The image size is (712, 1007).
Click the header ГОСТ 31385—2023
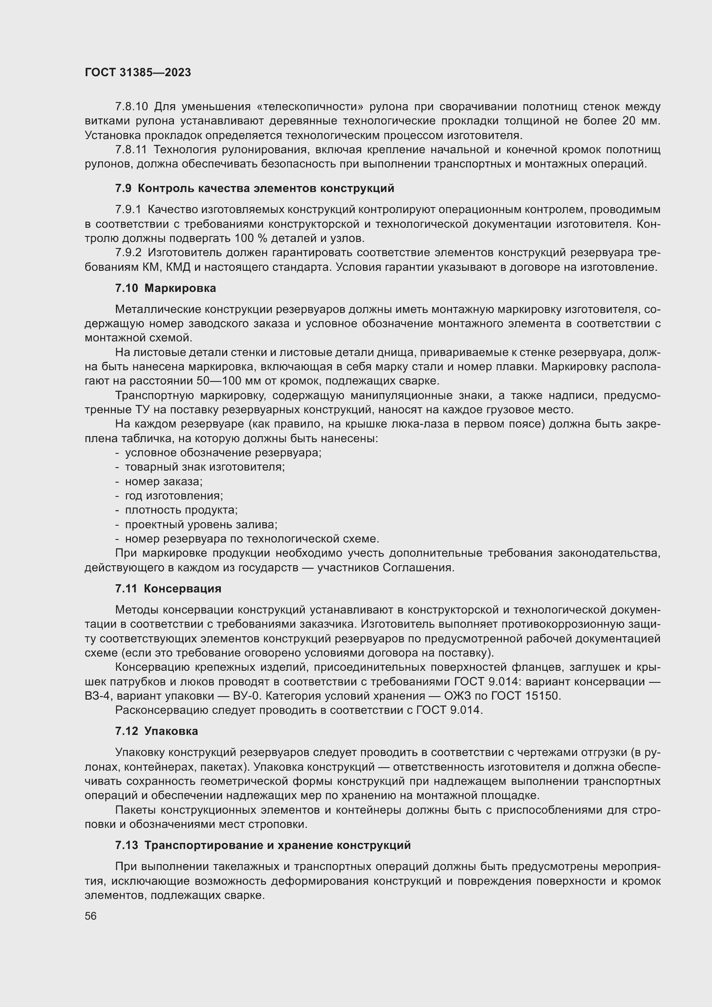point(138,73)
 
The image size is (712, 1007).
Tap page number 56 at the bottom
point(91,916)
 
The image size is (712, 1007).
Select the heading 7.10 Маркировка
point(165,288)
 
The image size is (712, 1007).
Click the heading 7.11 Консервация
point(168,589)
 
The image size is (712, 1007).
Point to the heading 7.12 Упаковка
point(157,731)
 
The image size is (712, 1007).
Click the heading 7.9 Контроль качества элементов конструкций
point(254,189)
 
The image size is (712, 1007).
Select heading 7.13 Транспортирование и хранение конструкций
point(263,845)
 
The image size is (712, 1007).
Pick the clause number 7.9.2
point(128,253)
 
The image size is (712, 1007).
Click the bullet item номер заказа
point(164,482)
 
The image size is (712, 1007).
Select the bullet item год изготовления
point(173,496)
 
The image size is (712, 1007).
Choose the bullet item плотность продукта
point(181,510)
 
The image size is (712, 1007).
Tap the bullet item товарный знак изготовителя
point(205,467)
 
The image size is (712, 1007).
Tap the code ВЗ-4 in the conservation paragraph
point(99,696)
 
